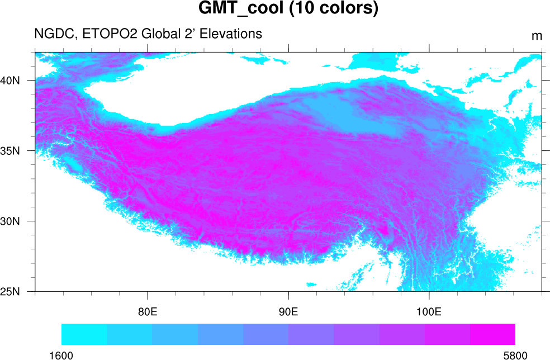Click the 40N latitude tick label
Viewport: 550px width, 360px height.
pos(10,80)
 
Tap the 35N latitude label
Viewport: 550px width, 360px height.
pos(10,150)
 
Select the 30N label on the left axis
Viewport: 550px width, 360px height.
pos(10,221)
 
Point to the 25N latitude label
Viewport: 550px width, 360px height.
pos(10,291)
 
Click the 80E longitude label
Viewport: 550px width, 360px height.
pos(148,311)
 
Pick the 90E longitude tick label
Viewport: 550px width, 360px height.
pos(288,311)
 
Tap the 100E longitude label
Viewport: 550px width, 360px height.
pos(429,311)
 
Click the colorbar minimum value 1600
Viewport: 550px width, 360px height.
pos(61,354)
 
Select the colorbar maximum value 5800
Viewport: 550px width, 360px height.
pos(515,354)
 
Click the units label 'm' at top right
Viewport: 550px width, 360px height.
pos(537,36)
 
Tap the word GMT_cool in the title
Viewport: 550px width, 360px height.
pos(239,10)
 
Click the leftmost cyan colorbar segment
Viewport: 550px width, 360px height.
pos(84,334)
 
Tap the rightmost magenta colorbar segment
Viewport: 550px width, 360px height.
pos(492,334)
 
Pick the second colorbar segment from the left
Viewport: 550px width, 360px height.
pos(129,334)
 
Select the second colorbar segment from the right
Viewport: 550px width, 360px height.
pos(447,334)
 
